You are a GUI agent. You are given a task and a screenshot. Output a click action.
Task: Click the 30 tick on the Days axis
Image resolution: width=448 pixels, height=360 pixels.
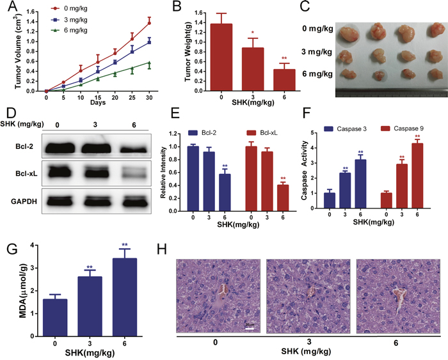149,97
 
